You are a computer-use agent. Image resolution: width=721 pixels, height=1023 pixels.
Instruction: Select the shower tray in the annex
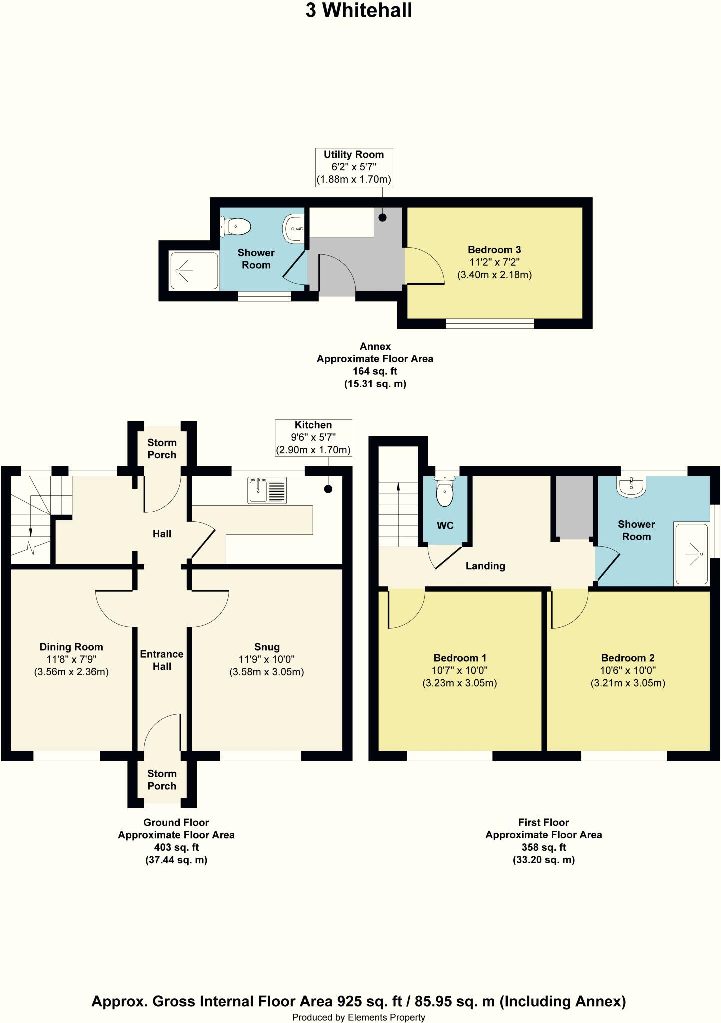[x=194, y=271]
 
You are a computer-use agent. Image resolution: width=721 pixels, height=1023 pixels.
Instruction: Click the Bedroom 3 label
[x=494, y=250]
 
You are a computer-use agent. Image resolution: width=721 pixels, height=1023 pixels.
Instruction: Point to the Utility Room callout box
[x=354, y=167]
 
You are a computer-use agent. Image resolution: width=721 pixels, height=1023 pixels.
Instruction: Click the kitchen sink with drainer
[x=267, y=490]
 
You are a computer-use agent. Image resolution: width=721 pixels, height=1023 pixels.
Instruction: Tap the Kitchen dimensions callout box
[x=313, y=438]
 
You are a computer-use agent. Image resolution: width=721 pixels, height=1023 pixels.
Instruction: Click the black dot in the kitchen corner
[x=328, y=489]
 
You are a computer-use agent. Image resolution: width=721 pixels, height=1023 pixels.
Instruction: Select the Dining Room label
[x=71, y=647]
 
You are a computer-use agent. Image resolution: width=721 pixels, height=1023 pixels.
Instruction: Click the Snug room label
[x=267, y=647]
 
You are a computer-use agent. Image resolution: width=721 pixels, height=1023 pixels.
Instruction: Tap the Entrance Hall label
[x=162, y=660]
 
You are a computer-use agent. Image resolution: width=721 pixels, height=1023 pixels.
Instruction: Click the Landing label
[x=485, y=566]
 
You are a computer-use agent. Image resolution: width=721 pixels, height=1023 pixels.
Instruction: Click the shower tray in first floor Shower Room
[x=691, y=554]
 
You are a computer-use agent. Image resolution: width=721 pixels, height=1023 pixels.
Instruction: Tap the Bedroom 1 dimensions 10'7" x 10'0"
[x=460, y=671]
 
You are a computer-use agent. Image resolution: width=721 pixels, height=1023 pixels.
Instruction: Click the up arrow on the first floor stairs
[x=398, y=486]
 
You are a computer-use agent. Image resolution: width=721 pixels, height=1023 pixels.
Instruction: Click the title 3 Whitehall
[x=359, y=10]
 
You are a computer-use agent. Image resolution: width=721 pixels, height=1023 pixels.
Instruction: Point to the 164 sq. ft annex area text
[x=375, y=371]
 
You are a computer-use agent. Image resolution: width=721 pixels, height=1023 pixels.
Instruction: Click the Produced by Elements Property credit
[x=359, y=1017]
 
